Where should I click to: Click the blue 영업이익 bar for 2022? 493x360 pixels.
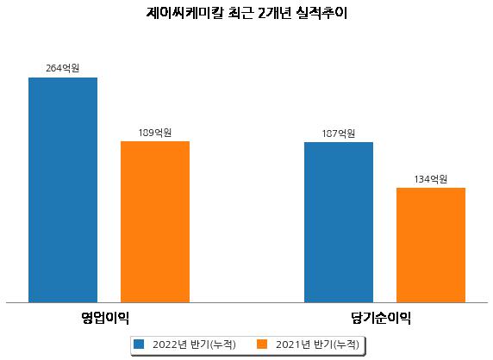[63, 190]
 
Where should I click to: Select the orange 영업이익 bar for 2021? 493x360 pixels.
[155, 222]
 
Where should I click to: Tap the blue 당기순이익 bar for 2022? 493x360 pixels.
[339, 222]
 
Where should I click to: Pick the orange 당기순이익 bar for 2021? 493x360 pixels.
[431, 245]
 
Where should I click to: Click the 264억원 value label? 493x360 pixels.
[63, 68]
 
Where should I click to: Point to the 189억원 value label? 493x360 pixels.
[155, 133]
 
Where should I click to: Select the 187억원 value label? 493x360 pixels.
[339, 133]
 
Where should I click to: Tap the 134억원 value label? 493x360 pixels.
[431, 179]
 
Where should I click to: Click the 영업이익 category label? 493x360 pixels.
[105, 318]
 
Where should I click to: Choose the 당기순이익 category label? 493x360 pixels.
[381, 318]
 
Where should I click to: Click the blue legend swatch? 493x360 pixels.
[139, 344]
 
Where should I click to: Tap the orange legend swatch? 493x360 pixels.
[262, 344]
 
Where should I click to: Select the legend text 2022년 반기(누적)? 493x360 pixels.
[194, 344]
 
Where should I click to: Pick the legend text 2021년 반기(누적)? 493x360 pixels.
[317, 344]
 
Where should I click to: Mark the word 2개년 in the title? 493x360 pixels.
[275, 13]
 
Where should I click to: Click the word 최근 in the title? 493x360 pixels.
[240, 13]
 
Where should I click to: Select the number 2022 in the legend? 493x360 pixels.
[165, 344]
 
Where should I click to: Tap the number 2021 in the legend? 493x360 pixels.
[288, 344]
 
